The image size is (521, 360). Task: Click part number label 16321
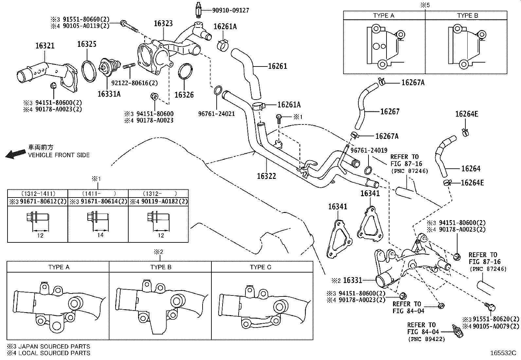(45, 46)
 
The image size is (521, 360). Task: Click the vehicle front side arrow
(15, 153)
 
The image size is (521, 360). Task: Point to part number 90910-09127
(230, 10)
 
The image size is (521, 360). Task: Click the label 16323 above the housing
(163, 24)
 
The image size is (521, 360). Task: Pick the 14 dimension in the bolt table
(100, 235)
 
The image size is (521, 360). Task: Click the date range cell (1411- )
(98, 194)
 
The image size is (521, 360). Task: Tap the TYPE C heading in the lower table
(260, 267)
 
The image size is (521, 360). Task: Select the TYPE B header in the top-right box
(467, 15)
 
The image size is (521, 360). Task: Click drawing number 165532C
(502, 353)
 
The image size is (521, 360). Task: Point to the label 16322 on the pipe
(266, 176)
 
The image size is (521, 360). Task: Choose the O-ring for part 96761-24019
(368, 170)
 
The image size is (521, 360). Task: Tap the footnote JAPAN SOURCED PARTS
(48, 347)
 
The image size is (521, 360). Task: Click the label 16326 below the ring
(184, 95)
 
